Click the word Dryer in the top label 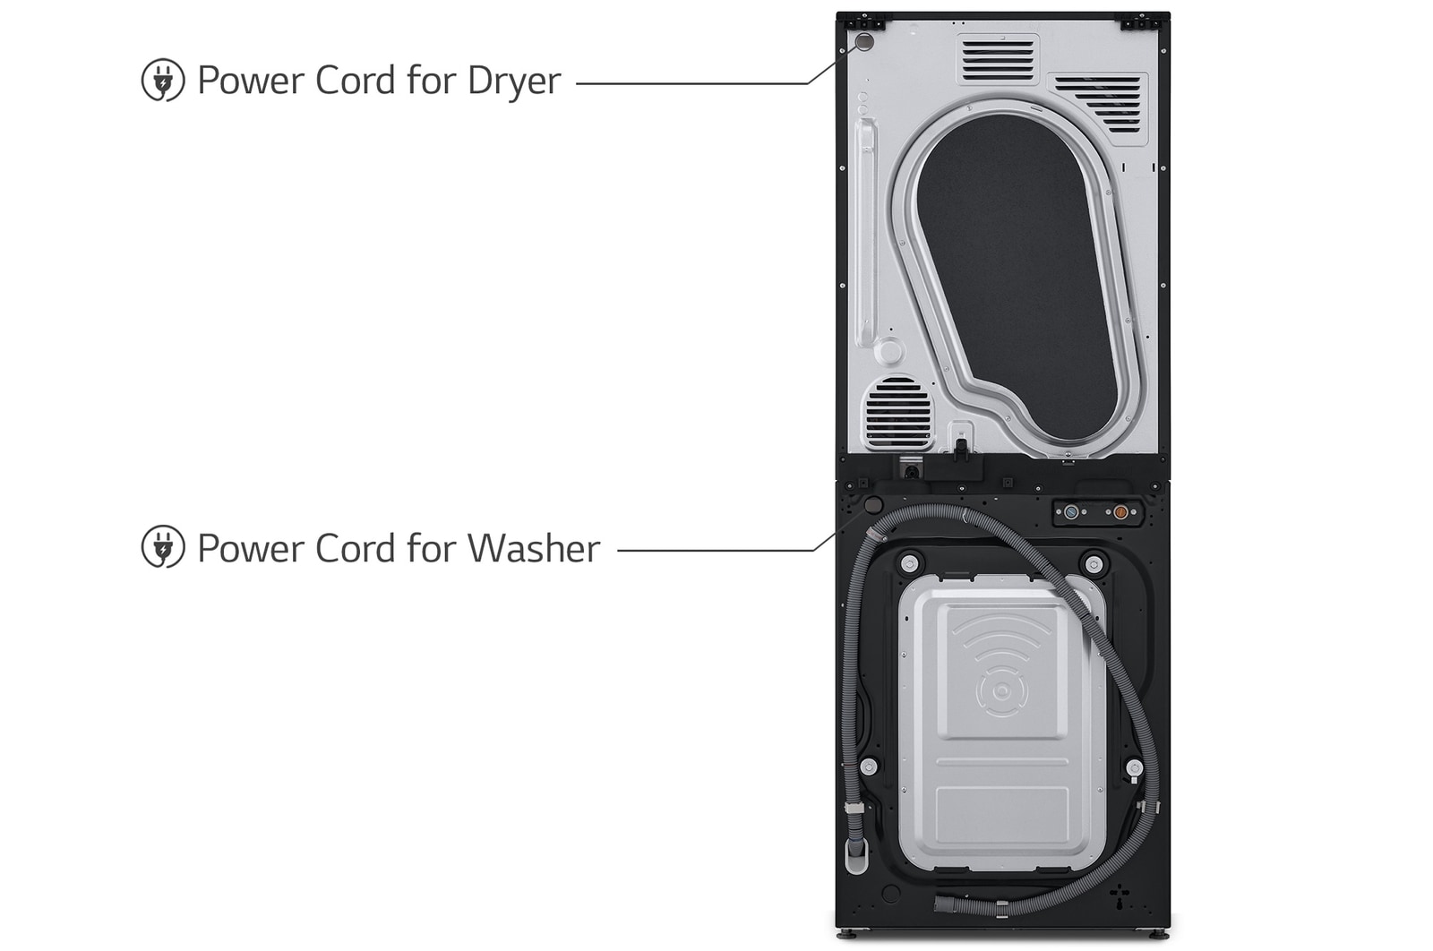(x=513, y=81)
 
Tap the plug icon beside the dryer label (x=163, y=80)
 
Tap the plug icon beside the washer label (x=163, y=547)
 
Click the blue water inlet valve (x=1071, y=512)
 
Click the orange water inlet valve (x=1120, y=512)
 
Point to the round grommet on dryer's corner (x=864, y=42)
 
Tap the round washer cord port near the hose (x=872, y=506)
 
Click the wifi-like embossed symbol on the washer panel (x=1001, y=667)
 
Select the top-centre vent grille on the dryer (x=997, y=58)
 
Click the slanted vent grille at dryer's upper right (x=1100, y=103)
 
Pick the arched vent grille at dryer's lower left (x=898, y=414)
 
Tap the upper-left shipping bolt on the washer (x=910, y=564)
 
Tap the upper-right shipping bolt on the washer (x=1094, y=564)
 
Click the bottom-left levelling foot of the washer (x=850, y=934)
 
